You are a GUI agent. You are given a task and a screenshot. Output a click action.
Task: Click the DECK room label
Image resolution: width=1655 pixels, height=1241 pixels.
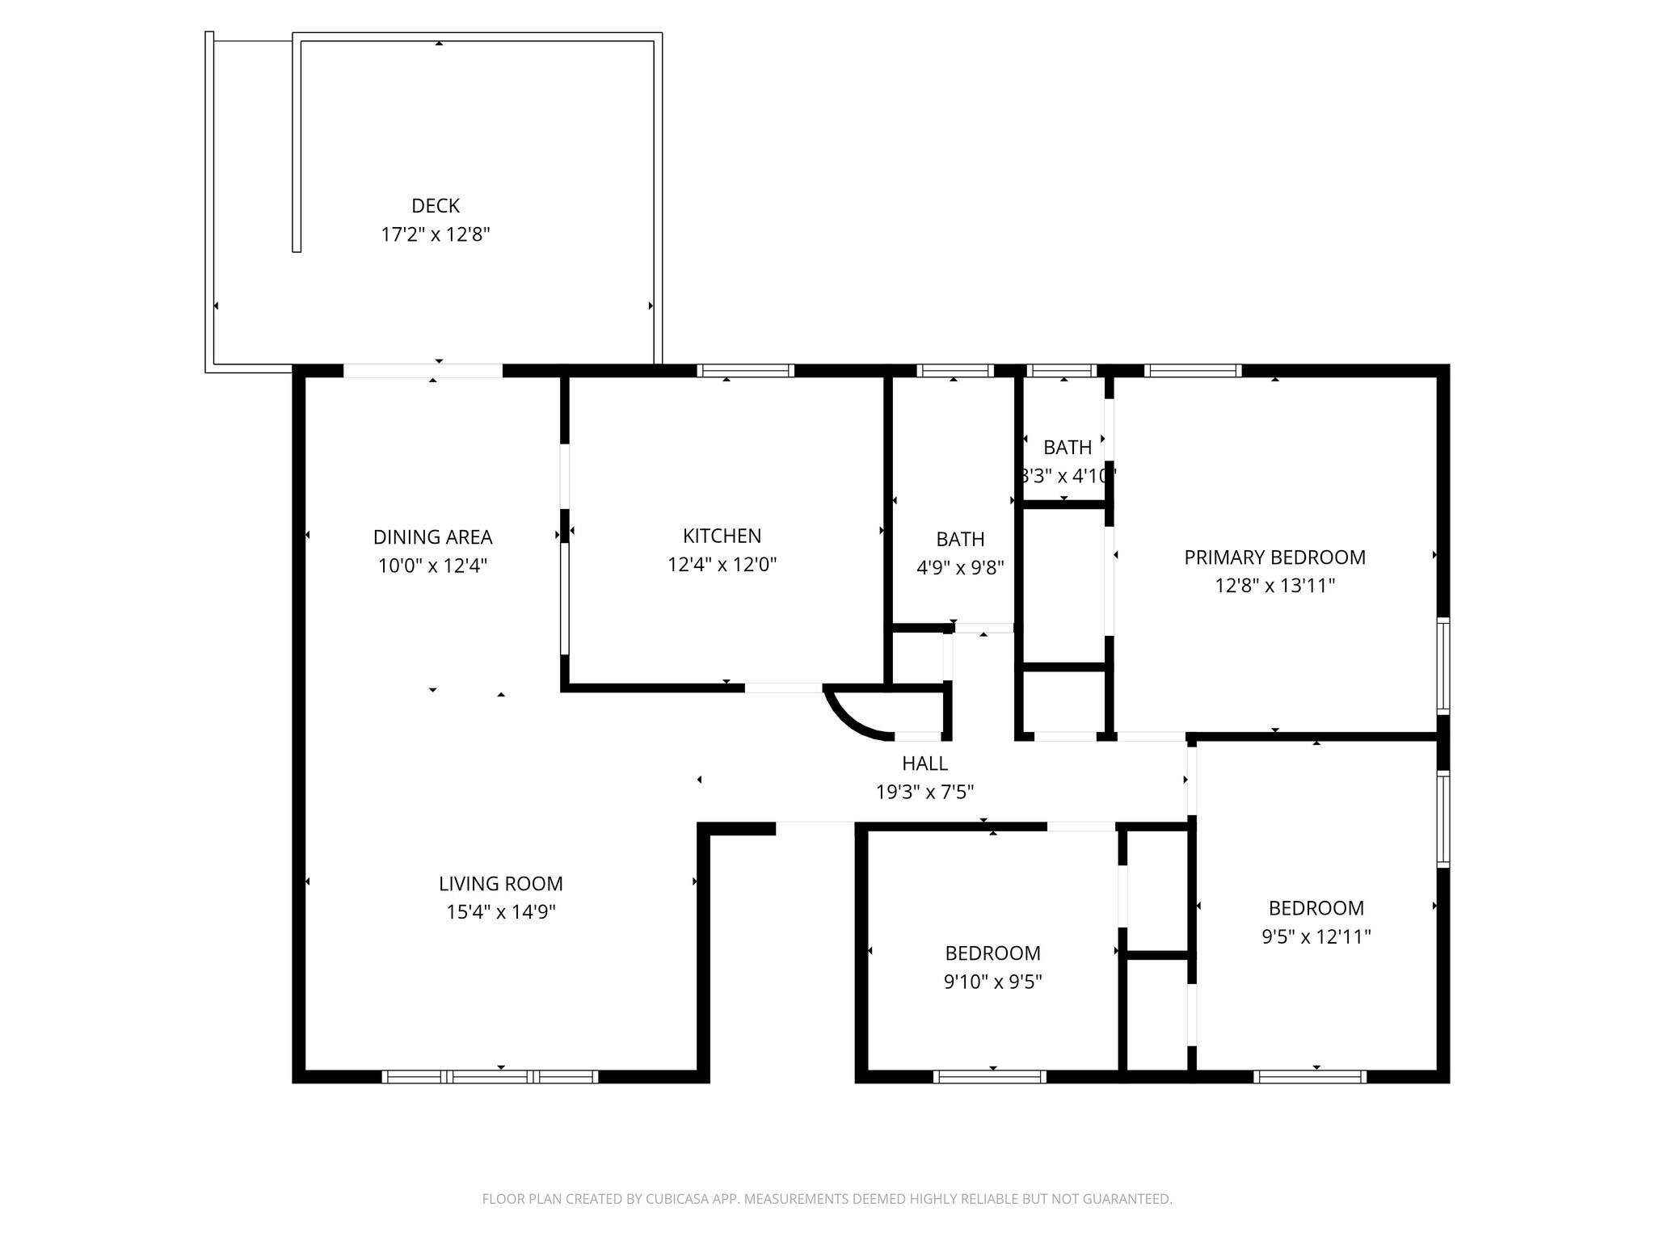tap(436, 206)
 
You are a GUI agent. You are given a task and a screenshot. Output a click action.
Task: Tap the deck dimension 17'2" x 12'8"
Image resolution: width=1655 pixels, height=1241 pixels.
tap(436, 235)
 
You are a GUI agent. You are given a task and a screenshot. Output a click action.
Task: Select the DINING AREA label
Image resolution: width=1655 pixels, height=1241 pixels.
tap(432, 537)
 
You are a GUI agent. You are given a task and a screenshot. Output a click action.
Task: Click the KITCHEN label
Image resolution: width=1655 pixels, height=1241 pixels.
tap(722, 536)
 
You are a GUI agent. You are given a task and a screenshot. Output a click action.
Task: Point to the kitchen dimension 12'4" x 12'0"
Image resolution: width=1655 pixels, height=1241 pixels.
tap(722, 565)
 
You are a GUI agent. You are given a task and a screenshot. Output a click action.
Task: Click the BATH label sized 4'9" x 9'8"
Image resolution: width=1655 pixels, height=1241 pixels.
tap(960, 540)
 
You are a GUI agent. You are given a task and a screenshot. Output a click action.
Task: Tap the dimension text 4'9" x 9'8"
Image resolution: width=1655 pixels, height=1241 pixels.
tap(960, 568)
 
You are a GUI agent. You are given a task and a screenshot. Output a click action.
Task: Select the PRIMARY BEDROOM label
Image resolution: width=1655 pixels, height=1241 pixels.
tap(1274, 557)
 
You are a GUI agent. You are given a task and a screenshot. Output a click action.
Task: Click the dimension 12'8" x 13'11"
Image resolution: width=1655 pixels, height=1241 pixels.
tap(1274, 586)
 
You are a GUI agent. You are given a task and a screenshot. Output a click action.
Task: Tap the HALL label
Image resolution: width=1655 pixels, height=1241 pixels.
tap(924, 764)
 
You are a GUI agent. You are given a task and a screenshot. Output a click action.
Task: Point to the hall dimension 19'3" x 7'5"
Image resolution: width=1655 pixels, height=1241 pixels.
tap(924, 793)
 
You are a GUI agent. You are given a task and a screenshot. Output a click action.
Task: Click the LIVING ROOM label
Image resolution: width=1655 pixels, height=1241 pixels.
tap(500, 884)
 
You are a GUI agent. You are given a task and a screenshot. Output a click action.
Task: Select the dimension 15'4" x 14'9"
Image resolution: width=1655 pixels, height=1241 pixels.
tap(500, 912)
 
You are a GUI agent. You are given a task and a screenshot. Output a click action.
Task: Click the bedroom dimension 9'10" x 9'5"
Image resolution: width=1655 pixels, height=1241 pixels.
tap(992, 982)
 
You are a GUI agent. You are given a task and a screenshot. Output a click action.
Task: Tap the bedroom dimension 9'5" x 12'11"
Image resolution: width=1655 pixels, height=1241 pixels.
tap(1316, 937)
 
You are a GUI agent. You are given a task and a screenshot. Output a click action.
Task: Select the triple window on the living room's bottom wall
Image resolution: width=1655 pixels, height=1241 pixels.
tap(490, 1076)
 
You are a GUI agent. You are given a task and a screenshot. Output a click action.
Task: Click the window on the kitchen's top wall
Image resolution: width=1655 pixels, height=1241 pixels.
tap(745, 371)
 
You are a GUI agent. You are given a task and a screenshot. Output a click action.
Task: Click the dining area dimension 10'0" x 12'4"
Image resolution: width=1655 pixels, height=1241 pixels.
tap(432, 566)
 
